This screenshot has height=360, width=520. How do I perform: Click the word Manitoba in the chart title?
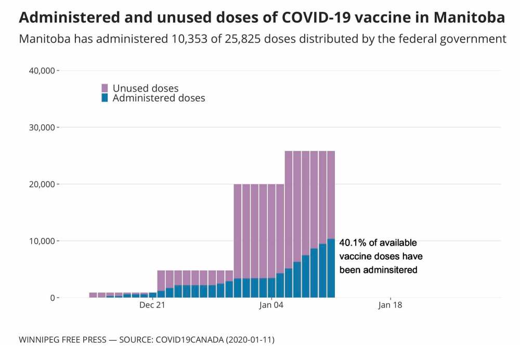(469, 17)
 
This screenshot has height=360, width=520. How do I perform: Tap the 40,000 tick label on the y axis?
(41, 71)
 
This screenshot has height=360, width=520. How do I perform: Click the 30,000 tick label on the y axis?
(41, 127)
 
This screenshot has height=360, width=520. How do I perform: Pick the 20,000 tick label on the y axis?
(41, 184)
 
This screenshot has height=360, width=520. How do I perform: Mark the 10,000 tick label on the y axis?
(41, 241)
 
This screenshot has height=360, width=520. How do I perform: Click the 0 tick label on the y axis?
(52, 298)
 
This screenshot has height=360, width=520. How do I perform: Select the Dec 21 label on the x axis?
(152, 305)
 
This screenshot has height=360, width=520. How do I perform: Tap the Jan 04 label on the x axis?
(271, 305)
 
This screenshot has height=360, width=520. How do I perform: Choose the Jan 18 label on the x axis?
(389, 305)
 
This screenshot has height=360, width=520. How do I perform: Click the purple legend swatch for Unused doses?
(105, 88)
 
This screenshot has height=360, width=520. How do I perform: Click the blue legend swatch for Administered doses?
(105, 98)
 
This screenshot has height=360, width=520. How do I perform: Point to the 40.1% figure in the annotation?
(351, 242)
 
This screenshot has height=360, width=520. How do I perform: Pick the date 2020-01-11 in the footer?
(252, 340)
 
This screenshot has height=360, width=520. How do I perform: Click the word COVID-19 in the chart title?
(305, 17)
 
